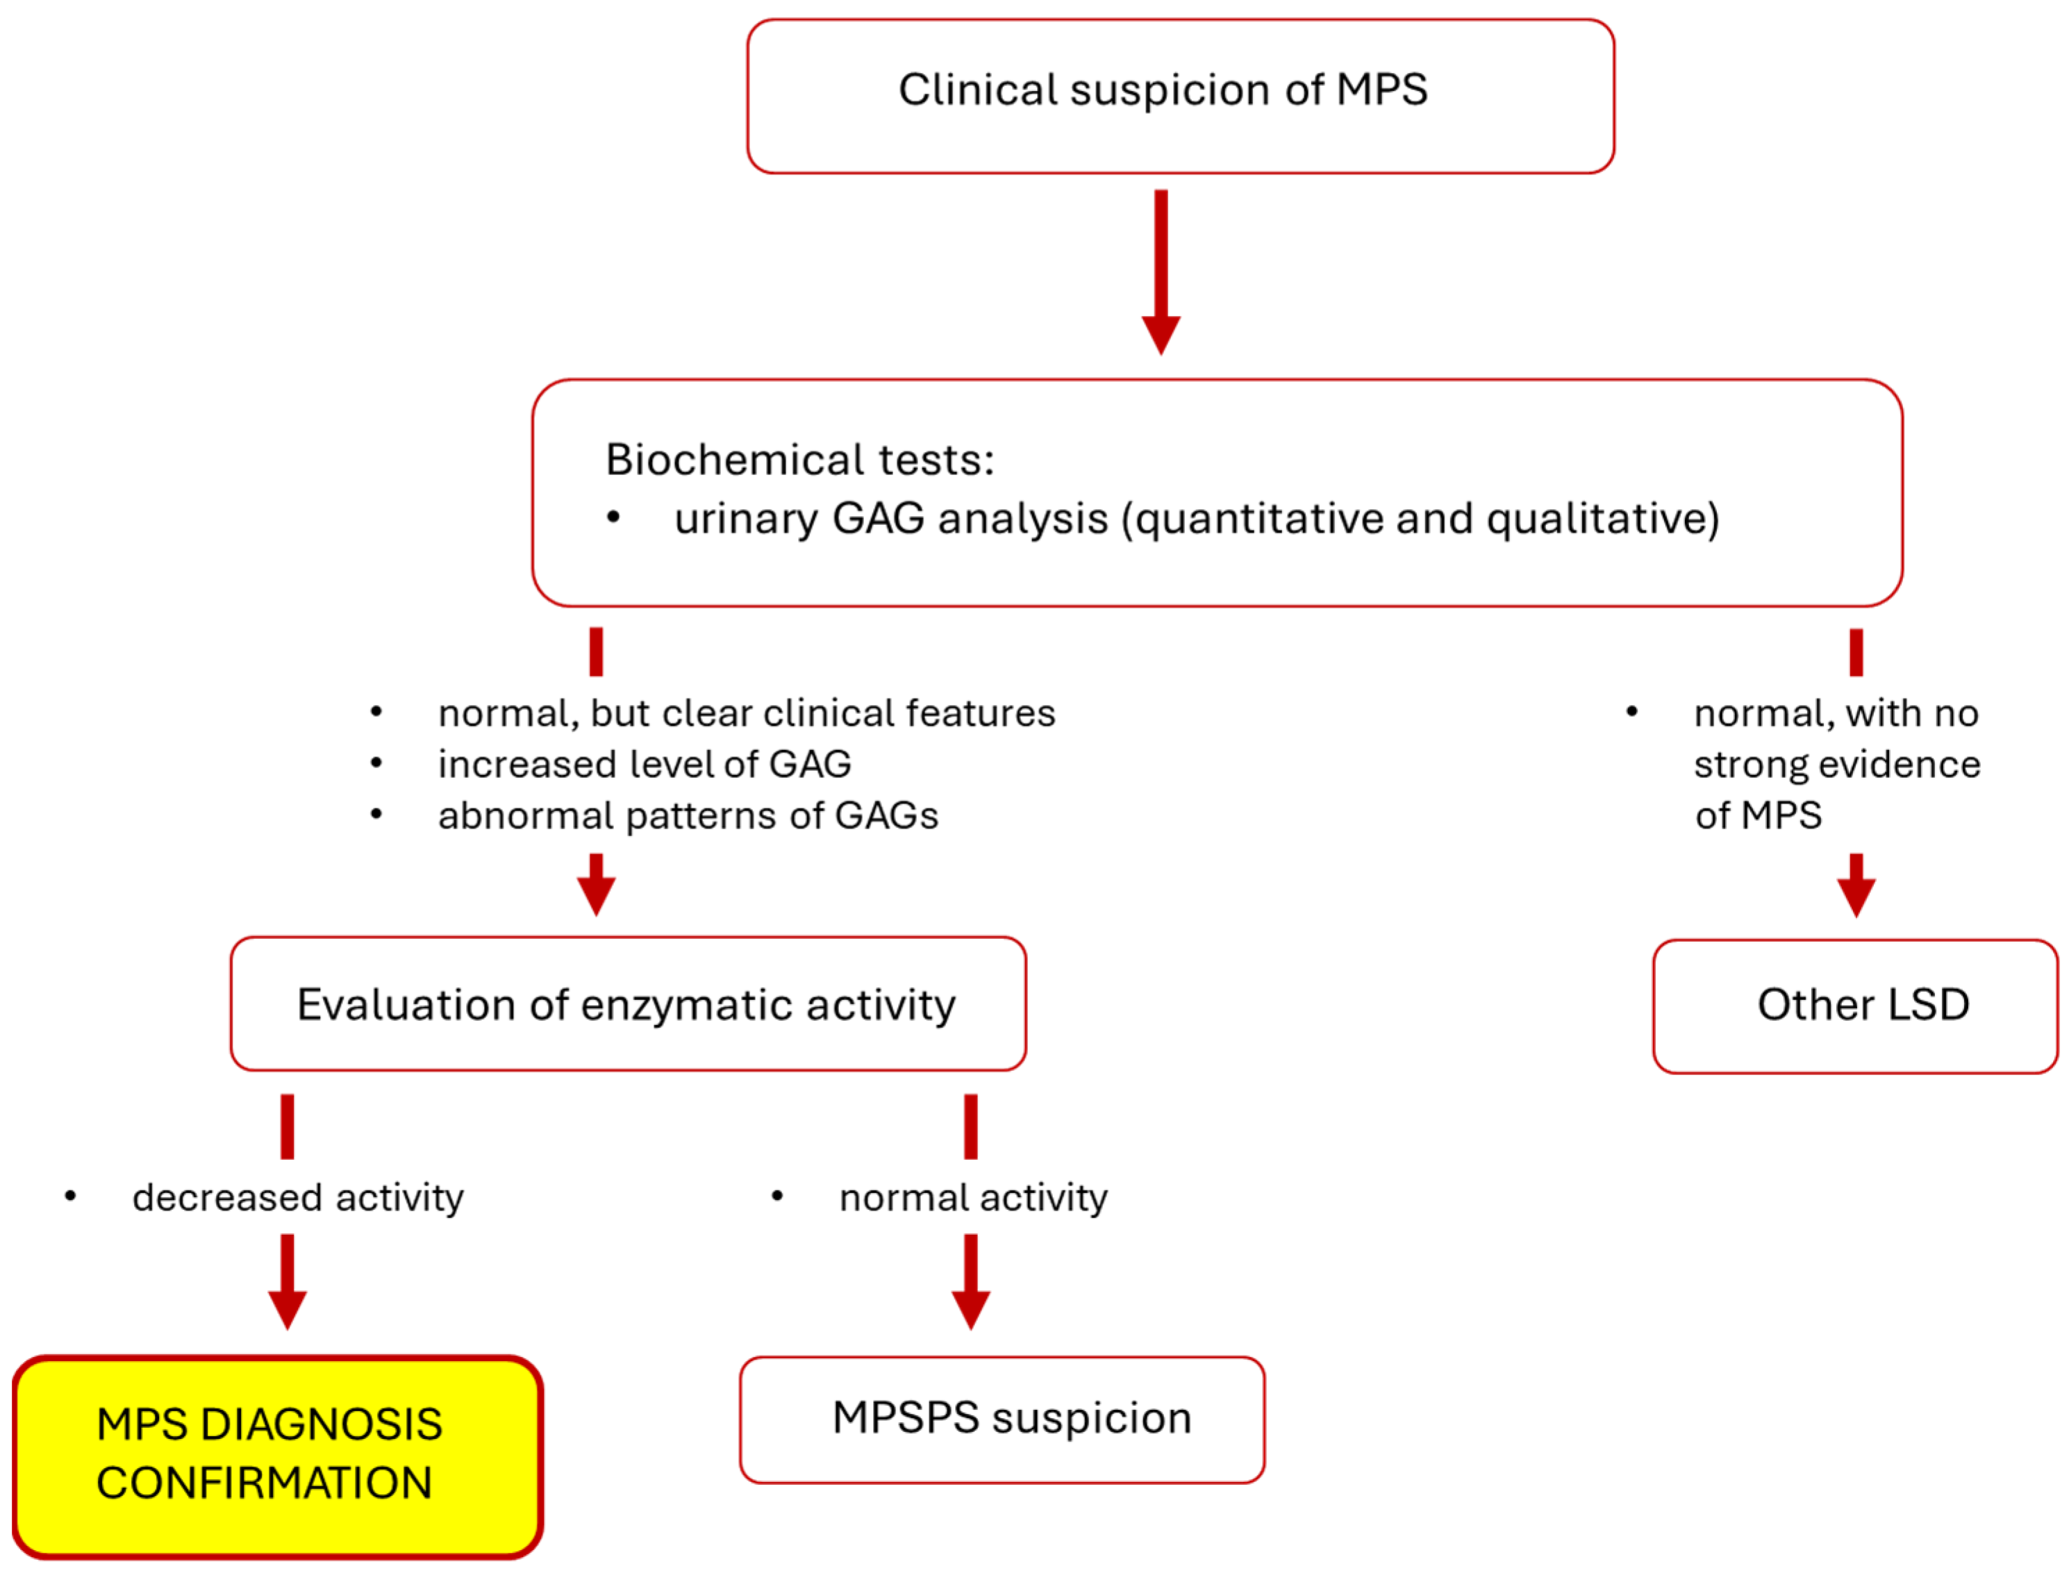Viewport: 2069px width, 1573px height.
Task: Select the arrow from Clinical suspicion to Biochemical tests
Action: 1160,272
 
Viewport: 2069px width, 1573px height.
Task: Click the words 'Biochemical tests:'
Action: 799,460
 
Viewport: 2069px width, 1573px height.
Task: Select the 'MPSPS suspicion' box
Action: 1002,1419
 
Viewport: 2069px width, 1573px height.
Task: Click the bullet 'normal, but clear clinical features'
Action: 745,713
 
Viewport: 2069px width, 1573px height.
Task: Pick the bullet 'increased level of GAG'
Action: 644,765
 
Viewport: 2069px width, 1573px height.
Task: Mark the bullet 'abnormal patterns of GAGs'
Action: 687,815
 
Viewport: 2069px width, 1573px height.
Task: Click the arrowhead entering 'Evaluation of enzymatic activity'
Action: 595,896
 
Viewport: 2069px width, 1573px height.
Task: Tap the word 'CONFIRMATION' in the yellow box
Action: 264,1484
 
